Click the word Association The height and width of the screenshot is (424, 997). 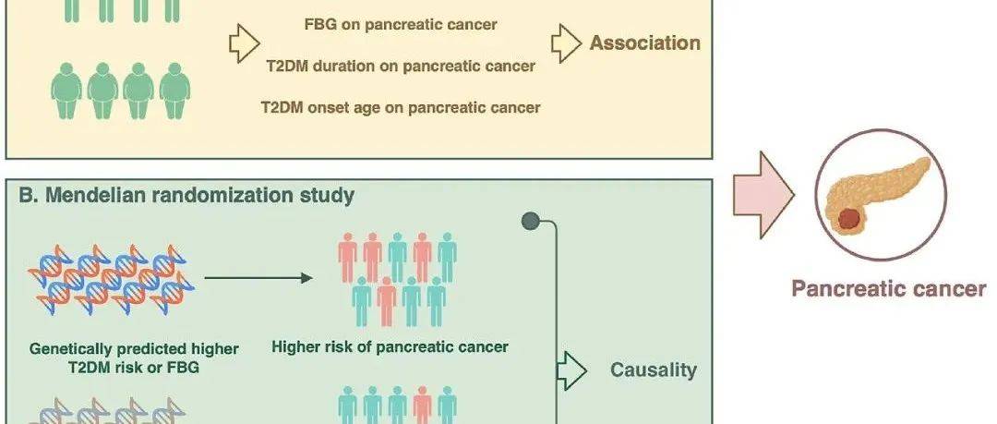tap(644, 43)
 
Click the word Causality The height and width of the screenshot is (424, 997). tap(653, 370)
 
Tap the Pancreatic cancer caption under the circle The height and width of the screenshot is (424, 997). tap(888, 289)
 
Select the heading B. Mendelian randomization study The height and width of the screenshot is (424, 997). tap(186, 196)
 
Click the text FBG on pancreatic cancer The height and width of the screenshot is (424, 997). tap(401, 25)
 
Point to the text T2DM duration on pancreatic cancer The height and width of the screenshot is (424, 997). tap(400, 66)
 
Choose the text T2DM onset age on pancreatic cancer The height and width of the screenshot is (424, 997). tap(401, 107)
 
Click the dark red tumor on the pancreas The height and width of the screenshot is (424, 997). tap(850, 220)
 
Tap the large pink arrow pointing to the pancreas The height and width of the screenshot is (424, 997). tap(763, 195)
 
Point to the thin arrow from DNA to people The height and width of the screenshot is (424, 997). tap(258, 278)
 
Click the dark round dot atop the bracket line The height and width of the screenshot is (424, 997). tap(530, 221)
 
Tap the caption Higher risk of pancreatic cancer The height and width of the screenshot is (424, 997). tap(390, 347)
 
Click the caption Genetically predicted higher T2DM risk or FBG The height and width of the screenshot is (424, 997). tap(134, 357)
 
